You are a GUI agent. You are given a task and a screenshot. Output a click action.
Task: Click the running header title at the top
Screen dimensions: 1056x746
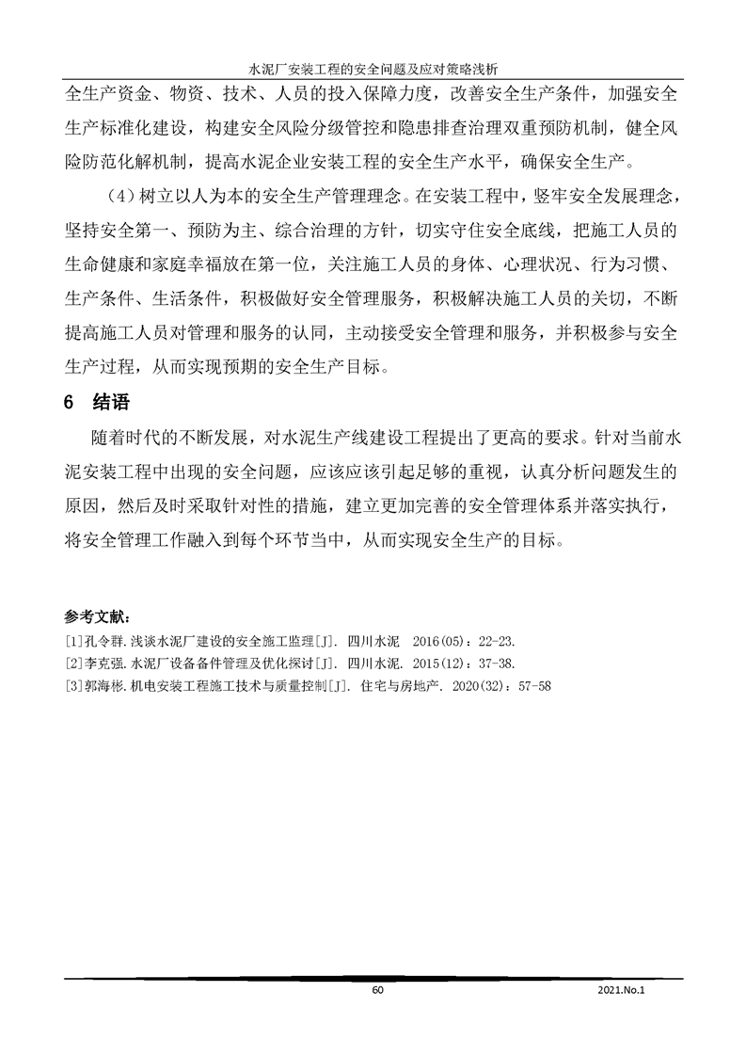(x=373, y=69)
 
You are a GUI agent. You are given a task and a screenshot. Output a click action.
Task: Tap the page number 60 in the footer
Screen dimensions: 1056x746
(x=378, y=991)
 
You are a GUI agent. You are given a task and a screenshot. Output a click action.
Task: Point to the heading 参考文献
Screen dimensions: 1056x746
(x=99, y=617)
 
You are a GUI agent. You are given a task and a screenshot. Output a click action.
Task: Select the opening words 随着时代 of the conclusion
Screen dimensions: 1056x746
(x=129, y=440)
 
